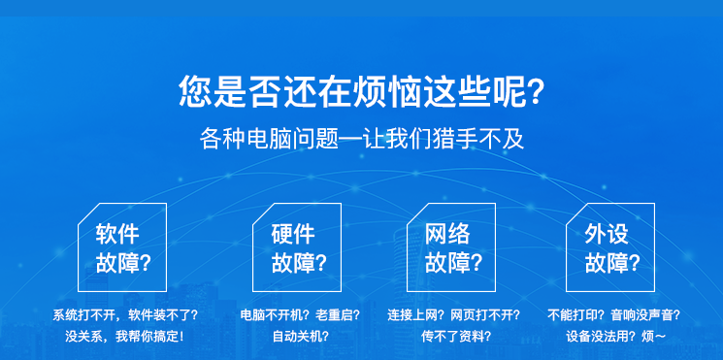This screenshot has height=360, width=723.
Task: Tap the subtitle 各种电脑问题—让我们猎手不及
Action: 361,139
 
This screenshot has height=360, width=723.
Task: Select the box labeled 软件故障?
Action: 121,247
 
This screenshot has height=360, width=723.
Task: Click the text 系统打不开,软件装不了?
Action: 125,315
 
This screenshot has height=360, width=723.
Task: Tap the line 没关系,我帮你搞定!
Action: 125,337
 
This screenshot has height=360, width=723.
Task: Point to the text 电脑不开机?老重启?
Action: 300,315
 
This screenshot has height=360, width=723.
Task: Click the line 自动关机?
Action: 300,337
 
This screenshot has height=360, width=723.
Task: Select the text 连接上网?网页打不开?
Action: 453,315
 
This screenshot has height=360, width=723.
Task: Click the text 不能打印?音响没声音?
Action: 612,315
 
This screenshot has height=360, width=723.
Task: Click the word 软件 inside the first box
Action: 116,234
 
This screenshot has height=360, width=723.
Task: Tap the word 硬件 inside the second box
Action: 292,234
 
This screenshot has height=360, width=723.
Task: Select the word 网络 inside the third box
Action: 447,234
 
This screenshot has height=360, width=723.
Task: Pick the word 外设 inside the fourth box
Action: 607,234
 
